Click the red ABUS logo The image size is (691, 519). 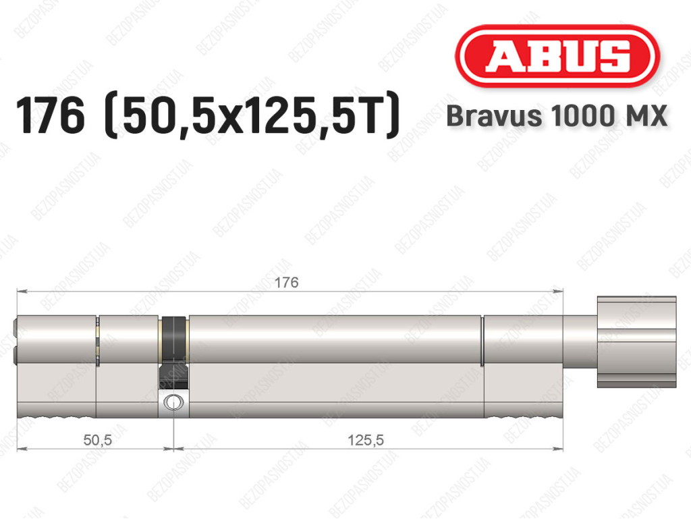(557, 56)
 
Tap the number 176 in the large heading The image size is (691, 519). (50, 116)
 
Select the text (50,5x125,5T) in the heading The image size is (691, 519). (252, 116)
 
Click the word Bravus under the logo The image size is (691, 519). (493, 116)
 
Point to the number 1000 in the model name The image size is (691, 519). (581, 116)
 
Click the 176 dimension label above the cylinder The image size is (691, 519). (286, 282)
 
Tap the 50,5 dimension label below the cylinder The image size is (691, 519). (98, 439)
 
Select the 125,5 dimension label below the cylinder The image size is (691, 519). (366, 439)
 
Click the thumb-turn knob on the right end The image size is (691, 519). (636, 342)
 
